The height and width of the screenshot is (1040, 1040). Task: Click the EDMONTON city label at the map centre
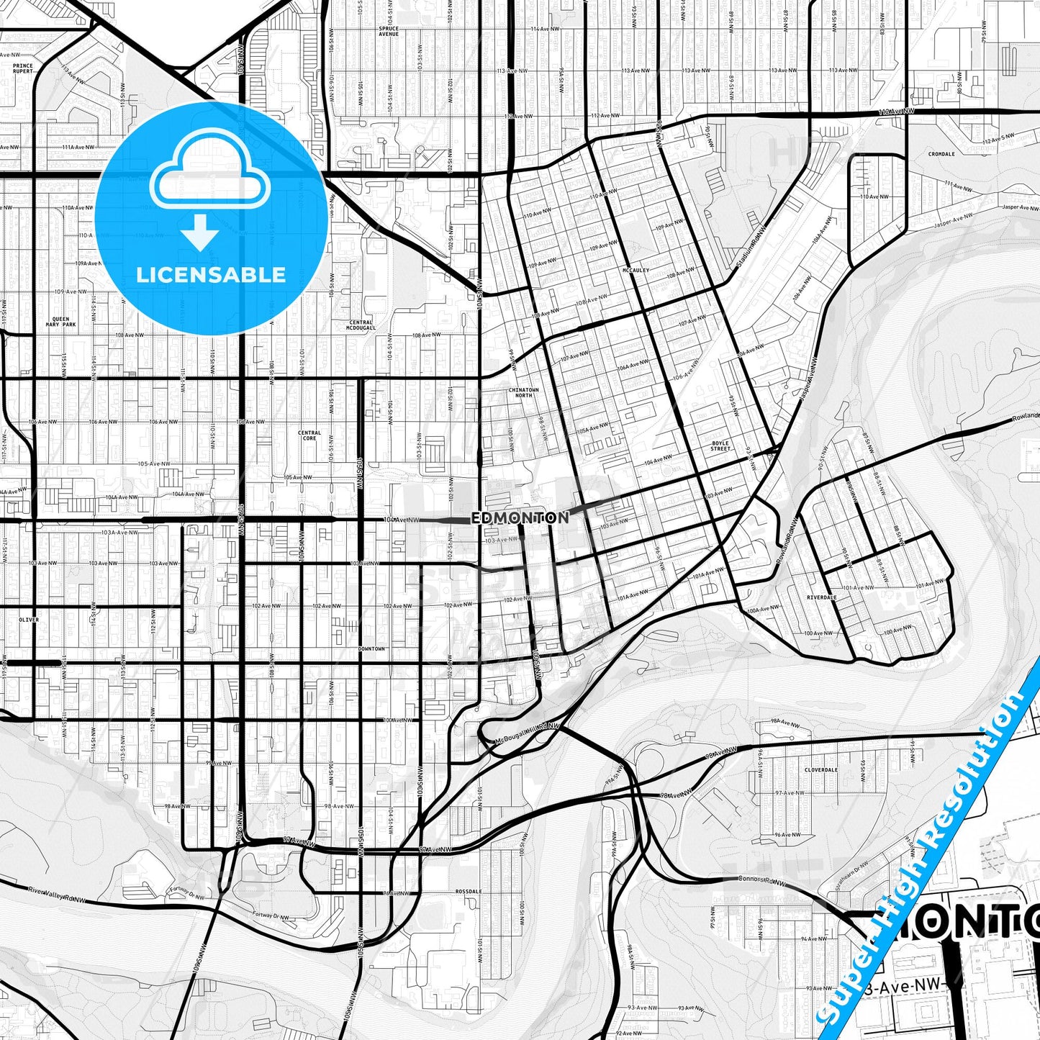pos(520,517)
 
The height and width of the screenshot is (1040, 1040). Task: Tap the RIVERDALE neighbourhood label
pos(822,597)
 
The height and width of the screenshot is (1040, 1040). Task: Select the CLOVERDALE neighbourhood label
pos(821,770)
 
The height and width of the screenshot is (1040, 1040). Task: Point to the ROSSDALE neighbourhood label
pos(469,891)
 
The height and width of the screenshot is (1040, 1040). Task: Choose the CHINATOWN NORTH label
pos(524,392)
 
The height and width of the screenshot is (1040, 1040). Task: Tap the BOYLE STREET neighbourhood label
pos(720,446)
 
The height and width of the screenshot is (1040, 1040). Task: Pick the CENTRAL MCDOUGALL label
pos(361,325)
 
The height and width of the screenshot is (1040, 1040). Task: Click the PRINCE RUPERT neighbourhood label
pos(23,68)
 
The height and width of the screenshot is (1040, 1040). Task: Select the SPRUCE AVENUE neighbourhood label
pos(389,31)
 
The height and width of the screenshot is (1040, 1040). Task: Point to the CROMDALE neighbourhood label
pos(941,154)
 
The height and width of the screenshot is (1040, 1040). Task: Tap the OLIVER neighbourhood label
pos(29,620)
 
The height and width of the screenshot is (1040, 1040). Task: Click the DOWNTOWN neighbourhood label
pos(371,648)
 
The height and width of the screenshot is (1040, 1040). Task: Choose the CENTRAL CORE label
pos(309,435)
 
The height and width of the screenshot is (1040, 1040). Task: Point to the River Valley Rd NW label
pos(57,895)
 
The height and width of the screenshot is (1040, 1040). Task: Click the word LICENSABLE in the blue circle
pos(211,275)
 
